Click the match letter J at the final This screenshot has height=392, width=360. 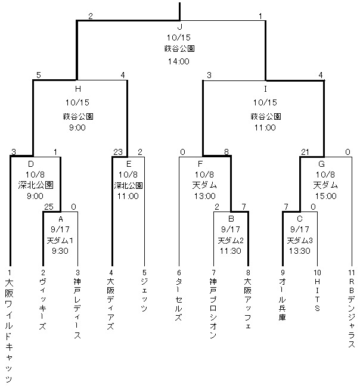[x=179, y=27]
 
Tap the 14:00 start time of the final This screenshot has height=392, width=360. [x=179, y=60]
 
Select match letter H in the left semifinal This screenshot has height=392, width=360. [x=77, y=88]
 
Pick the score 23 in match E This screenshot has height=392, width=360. [x=117, y=152]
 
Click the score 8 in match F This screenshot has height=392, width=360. [x=226, y=152]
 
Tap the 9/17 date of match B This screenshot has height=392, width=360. [x=231, y=229]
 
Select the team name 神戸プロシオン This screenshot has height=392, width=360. [x=213, y=308]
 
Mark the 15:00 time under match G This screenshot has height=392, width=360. [x=325, y=195]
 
